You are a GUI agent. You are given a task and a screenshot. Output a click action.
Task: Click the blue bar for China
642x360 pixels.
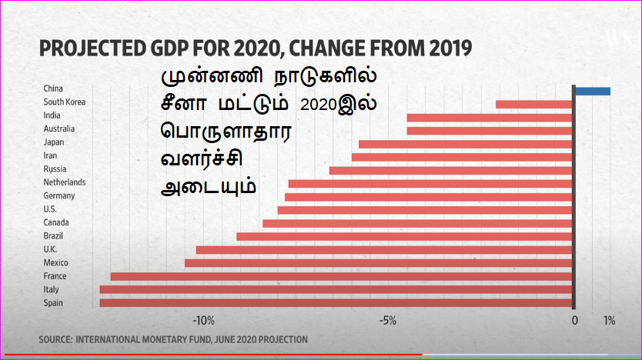[x=592, y=92]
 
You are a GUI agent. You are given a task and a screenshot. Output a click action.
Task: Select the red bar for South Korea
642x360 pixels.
[x=533, y=104]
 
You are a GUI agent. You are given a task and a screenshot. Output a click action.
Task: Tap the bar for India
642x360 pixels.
[x=489, y=118]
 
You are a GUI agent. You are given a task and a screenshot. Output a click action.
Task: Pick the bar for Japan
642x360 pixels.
[x=465, y=144]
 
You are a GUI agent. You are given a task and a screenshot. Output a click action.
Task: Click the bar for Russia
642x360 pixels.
[x=450, y=170]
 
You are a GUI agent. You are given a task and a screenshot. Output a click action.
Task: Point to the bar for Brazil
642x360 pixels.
[x=404, y=236]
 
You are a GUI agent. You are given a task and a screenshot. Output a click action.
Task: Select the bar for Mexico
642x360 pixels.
[x=378, y=263]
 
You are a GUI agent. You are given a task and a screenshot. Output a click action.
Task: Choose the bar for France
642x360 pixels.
[x=341, y=276]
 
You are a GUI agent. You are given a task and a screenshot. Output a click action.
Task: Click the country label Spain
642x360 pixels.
[x=54, y=303]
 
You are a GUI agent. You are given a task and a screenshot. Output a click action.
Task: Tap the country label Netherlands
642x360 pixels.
[x=65, y=182]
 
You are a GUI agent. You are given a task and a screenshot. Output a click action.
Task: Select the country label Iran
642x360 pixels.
[x=52, y=155]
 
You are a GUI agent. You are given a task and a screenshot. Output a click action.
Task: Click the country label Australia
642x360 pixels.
[x=60, y=128]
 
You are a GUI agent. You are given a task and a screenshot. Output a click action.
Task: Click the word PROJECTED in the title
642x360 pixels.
[x=93, y=50]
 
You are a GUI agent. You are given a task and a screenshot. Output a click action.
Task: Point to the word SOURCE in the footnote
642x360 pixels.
[x=53, y=339]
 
